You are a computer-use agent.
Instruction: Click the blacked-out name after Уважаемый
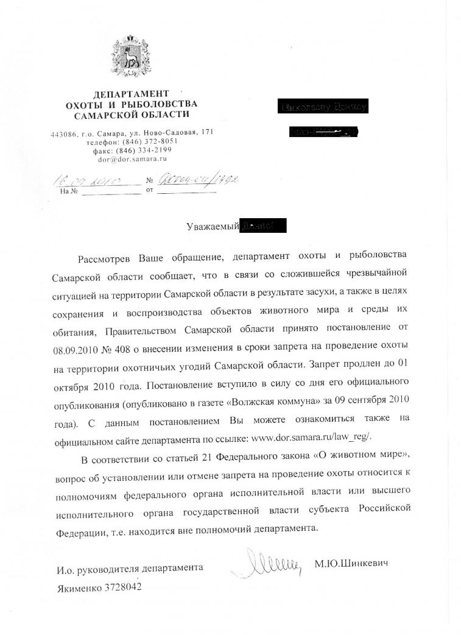point(264,226)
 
